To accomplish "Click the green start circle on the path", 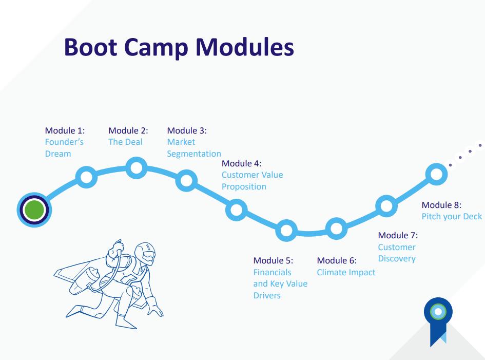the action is click(34, 210).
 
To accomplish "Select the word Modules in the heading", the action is click(245, 47).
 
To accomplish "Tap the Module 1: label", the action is click(65, 130).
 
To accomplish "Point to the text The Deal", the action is click(125, 142).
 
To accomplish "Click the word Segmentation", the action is click(194, 154).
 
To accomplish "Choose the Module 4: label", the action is click(242, 163).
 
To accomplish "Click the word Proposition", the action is click(244, 186).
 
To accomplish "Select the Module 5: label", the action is click(273, 261).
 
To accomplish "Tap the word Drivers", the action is click(267, 295).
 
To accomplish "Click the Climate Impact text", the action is click(346, 272).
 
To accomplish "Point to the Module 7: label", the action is click(398, 235).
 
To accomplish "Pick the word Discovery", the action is click(397, 258).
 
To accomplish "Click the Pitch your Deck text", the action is click(452, 216).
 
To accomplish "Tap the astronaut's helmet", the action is click(145, 253).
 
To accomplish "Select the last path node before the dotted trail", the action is click(436, 174).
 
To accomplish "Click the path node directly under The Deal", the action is click(136, 168).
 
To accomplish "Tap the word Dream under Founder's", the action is click(58, 154).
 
